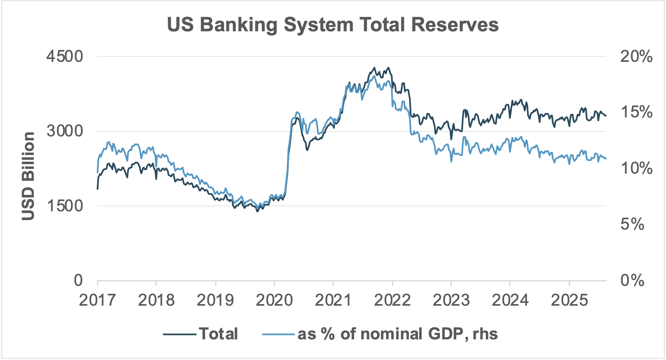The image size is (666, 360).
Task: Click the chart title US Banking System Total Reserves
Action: (x=332, y=25)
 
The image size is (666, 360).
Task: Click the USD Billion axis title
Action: (x=28, y=176)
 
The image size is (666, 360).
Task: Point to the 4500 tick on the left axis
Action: (x=65, y=56)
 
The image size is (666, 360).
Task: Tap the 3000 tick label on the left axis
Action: (x=65, y=131)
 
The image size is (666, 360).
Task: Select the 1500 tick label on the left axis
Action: (x=65, y=205)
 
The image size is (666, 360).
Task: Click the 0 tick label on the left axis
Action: (x=78, y=280)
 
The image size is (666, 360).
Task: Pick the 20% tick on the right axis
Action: (x=636, y=57)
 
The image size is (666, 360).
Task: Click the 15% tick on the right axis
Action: (x=636, y=112)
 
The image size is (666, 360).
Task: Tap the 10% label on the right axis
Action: (x=636, y=169)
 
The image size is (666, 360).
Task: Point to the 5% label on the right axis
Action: (x=632, y=224)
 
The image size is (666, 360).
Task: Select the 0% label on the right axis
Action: (x=632, y=280)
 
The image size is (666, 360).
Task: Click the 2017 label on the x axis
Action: (x=97, y=300)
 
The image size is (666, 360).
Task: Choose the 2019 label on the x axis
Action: (x=215, y=300)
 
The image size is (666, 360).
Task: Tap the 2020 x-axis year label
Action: (x=274, y=300)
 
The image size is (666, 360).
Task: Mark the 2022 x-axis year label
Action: (x=392, y=300)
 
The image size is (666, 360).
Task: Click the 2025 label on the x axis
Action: (x=569, y=300)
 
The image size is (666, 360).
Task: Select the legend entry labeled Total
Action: (x=218, y=334)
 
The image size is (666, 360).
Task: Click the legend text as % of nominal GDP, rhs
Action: (x=397, y=334)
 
